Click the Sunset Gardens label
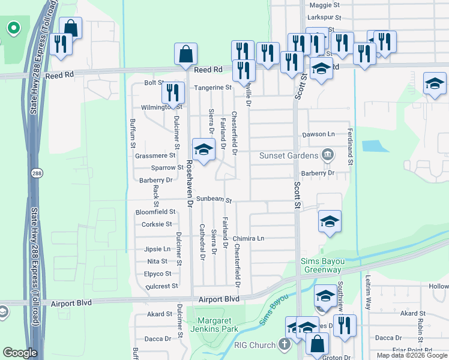tap(288, 155)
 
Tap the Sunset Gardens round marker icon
tap(328, 155)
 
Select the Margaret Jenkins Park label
tap(215, 324)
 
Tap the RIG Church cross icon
tap(285, 344)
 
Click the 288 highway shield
tap(35, 172)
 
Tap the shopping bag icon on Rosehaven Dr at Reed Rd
tap(186, 54)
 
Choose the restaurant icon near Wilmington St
tap(172, 92)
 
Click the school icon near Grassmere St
tap(203, 149)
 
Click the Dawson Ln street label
tap(318, 134)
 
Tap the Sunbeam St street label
tap(213, 199)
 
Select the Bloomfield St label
tap(155, 212)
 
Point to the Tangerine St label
tap(212, 88)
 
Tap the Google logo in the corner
tap(20, 353)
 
